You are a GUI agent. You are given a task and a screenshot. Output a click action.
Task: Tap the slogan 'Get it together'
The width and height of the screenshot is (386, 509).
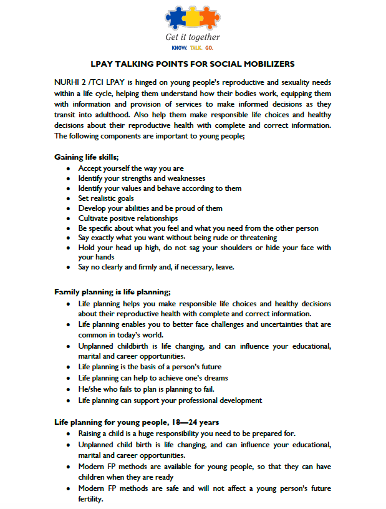click(193, 37)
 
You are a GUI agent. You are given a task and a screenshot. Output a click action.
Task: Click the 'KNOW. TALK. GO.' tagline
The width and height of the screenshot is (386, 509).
click(193, 47)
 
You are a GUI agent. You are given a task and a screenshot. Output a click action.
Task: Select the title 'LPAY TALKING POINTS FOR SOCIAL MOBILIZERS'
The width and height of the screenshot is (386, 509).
click(193, 64)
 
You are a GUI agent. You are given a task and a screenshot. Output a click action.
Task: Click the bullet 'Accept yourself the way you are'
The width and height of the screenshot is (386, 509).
click(131, 168)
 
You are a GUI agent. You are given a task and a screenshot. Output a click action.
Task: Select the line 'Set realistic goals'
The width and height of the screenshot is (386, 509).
click(106, 198)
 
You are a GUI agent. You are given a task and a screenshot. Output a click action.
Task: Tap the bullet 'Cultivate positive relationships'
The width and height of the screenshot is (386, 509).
click(128, 218)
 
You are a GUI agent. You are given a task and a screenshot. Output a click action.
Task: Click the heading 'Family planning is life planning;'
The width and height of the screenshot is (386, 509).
click(112, 291)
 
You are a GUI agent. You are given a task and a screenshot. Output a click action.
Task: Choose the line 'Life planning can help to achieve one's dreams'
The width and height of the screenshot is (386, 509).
click(153, 378)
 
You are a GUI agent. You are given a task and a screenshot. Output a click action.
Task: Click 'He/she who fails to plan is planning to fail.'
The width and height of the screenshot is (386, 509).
click(147, 389)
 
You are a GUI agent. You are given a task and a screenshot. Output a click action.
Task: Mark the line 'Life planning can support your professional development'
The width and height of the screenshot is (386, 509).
click(170, 400)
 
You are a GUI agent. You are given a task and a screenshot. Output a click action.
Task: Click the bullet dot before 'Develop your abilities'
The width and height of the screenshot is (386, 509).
click(68, 208)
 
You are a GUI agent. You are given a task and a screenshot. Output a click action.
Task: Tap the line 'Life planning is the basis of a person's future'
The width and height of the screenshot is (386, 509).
click(150, 367)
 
